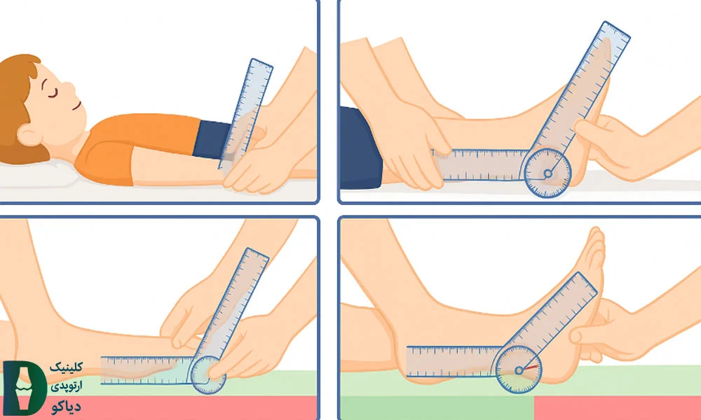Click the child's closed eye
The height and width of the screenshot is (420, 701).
[x=53, y=93]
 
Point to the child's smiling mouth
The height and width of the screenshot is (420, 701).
[x=77, y=106]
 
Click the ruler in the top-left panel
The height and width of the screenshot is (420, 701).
[x=245, y=115]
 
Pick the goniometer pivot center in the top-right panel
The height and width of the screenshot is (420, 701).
[x=547, y=173]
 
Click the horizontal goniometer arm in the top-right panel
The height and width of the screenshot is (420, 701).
[x=481, y=164]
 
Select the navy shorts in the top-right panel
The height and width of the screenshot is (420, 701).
[x=360, y=147]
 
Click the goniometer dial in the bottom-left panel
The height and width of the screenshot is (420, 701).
[x=208, y=375]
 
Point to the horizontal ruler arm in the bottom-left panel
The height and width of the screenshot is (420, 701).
[x=147, y=370]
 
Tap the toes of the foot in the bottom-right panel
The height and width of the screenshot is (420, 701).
[x=595, y=250]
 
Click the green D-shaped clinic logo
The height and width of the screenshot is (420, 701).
[x=25, y=387]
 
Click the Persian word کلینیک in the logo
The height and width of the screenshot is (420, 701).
[x=66, y=367]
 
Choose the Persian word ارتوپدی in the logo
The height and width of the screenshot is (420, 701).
[x=66, y=386]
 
